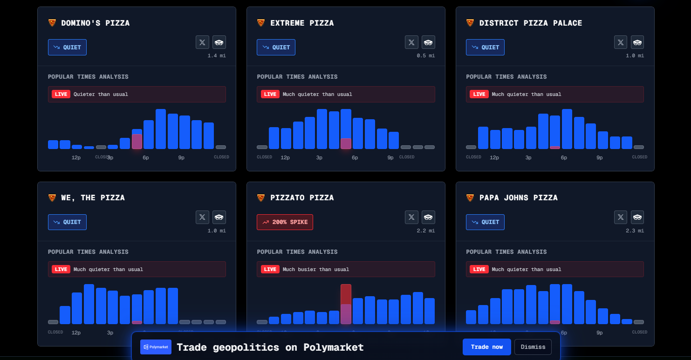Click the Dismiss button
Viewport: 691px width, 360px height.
[533, 347]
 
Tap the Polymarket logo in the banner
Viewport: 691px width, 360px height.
[156, 347]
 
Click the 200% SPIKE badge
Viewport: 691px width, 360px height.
[285, 222]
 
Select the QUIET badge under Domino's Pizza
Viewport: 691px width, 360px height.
[67, 47]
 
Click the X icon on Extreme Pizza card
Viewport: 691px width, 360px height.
[411, 42]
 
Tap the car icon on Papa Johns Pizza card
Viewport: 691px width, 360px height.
[637, 217]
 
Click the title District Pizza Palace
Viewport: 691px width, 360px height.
[530, 23]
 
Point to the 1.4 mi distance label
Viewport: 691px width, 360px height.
[217, 56]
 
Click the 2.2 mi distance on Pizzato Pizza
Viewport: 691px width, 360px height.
[426, 231]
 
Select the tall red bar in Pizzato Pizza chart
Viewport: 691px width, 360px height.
[346, 294]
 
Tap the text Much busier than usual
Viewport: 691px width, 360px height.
[315, 269]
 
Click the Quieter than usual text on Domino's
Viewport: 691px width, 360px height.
[101, 94]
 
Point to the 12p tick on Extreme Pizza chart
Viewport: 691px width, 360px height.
[285, 157]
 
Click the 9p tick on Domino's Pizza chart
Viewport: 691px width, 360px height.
[181, 157]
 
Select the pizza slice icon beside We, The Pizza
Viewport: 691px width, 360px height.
[52, 198]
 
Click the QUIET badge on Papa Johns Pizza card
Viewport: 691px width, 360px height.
[485, 222]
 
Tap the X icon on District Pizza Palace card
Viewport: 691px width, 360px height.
[621, 42]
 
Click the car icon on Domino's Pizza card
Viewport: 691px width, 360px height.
[219, 42]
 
